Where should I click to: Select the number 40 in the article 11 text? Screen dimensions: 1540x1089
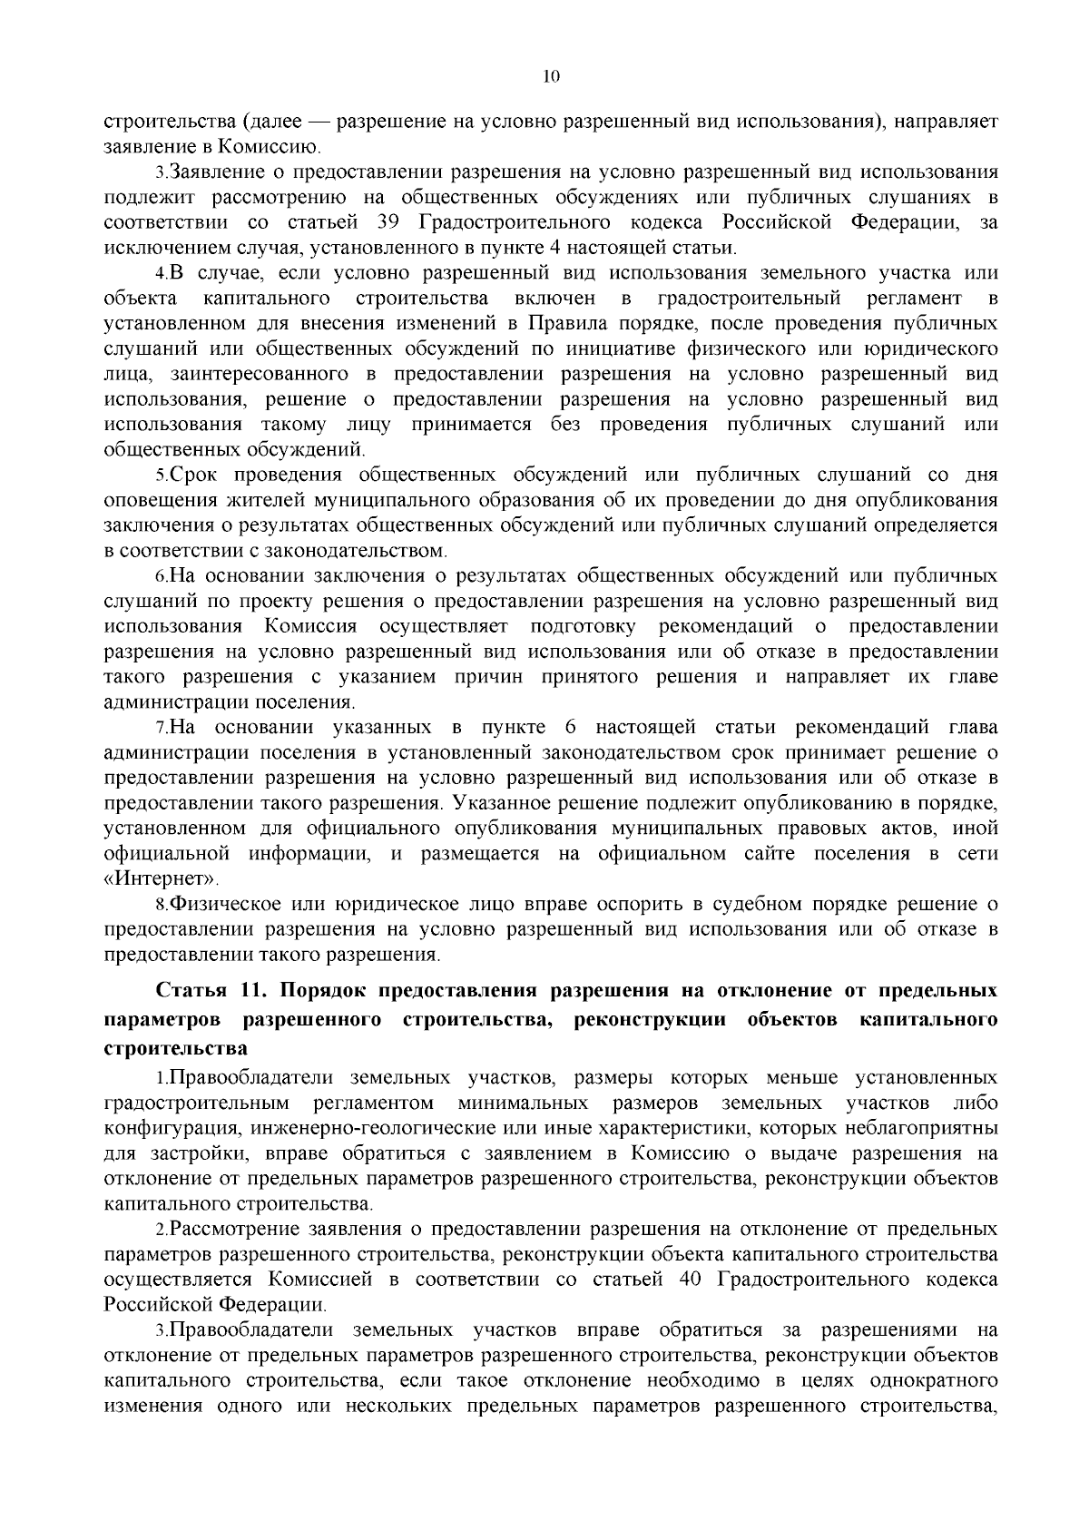click(691, 1280)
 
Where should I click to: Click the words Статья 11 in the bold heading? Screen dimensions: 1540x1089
click(199, 990)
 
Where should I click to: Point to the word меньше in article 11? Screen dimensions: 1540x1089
click(801, 1078)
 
